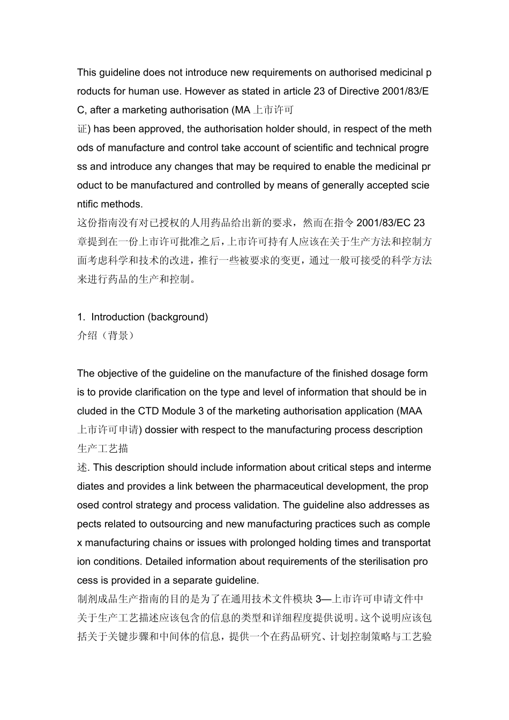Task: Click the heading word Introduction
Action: click(118, 317)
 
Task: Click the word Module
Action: click(179, 411)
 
